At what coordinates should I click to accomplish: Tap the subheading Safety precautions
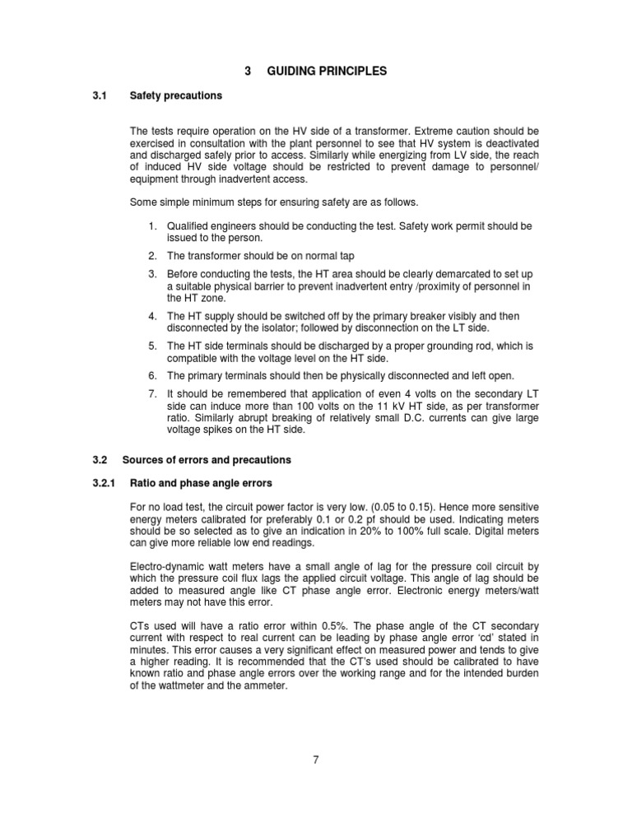(x=176, y=95)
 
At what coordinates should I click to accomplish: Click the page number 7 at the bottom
(x=316, y=759)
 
